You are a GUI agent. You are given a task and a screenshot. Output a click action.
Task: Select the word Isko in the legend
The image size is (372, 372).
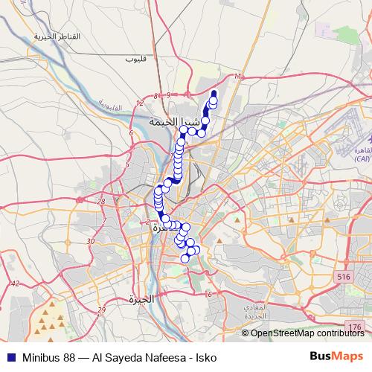click(x=205, y=358)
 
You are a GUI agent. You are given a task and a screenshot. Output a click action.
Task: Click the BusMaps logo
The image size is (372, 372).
click(x=336, y=357)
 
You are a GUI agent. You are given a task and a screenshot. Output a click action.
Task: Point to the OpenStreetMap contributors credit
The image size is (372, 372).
click(x=308, y=333)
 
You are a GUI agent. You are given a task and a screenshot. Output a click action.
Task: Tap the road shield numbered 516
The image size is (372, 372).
click(x=343, y=277)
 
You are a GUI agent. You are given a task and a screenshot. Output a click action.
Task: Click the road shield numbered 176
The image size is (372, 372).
click(x=354, y=327)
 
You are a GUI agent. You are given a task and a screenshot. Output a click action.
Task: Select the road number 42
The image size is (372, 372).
click(x=15, y=283)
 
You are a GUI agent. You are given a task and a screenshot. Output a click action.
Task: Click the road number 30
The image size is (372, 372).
click(x=90, y=241)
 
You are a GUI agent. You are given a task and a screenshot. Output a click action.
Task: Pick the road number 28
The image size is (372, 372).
click(x=101, y=201)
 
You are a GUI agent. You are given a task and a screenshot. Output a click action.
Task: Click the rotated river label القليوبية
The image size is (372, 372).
click(x=111, y=105)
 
